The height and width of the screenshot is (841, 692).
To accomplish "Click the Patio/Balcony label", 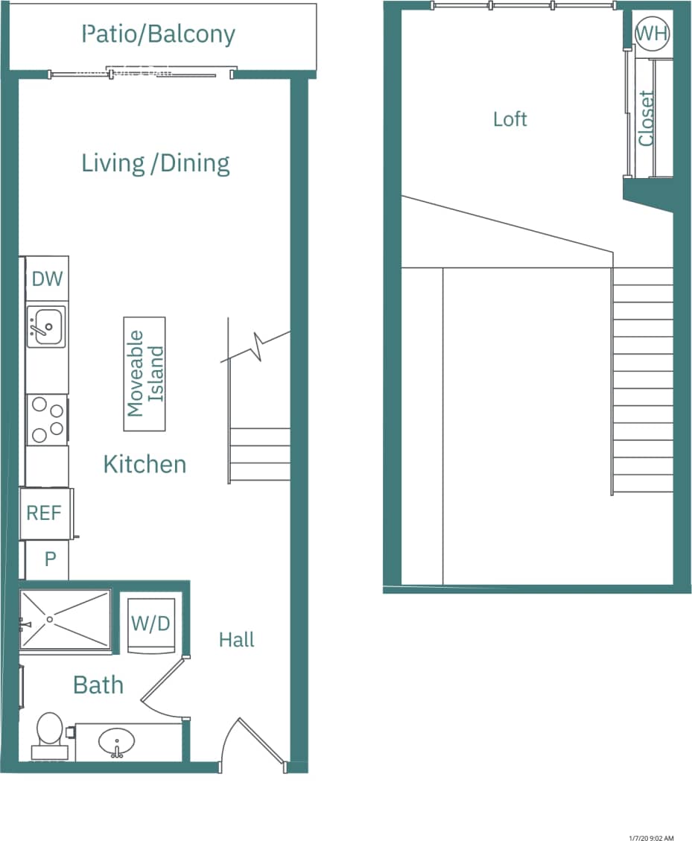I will click(x=159, y=34).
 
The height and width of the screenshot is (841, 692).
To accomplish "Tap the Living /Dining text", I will click(x=156, y=163).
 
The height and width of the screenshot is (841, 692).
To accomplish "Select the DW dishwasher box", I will click(x=47, y=279).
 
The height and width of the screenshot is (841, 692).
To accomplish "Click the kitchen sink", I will click(x=45, y=326).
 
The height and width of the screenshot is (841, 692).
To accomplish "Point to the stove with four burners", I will click(x=47, y=419).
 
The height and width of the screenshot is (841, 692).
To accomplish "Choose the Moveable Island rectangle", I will click(x=145, y=374).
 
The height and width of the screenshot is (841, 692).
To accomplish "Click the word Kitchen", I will click(x=145, y=464).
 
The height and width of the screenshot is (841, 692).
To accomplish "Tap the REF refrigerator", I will click(x=45, y=513).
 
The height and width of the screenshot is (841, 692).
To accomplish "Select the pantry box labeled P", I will click(x=49, y=559).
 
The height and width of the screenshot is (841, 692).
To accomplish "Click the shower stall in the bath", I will click(x=65, y=620).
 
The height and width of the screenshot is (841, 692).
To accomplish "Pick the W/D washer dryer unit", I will click(x=151, y=624).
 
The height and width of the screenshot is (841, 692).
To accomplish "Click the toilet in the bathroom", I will click(x=50, y=731).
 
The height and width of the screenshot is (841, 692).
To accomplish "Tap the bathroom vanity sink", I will click(x=117, y=742).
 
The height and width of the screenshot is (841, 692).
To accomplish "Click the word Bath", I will click(x=98, y=685).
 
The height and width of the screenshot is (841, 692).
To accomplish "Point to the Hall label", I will click(x=236, y=640).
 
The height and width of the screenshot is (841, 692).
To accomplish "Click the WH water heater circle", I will click(x=652, y=34).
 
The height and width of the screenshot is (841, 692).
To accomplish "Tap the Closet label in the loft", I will click(x=646, y=118).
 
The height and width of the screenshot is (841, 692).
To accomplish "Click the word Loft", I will click(x=510, y=119).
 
